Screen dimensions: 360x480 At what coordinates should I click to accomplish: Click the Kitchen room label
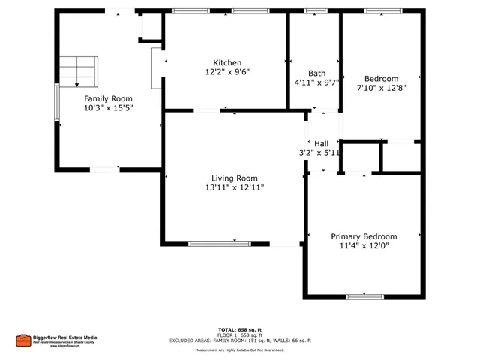[226, 63]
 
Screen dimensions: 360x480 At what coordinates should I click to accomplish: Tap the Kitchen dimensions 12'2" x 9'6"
[226, 73]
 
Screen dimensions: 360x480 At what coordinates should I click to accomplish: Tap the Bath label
[316, 73]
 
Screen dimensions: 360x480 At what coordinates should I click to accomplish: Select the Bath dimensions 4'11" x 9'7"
[316, 82]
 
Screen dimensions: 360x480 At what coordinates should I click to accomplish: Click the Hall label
[322, 143]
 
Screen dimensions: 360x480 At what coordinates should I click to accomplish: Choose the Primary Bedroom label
[364, 236]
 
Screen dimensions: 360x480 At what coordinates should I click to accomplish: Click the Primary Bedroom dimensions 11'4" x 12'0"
[364, 246]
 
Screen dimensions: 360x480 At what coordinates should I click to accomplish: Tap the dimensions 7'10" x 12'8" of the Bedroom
[381, 88]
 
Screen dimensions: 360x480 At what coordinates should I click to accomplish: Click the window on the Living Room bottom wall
[220, 243]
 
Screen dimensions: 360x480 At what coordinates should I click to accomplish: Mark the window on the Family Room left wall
[56, 102]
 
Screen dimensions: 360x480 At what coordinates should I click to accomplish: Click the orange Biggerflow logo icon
[22, 340]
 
